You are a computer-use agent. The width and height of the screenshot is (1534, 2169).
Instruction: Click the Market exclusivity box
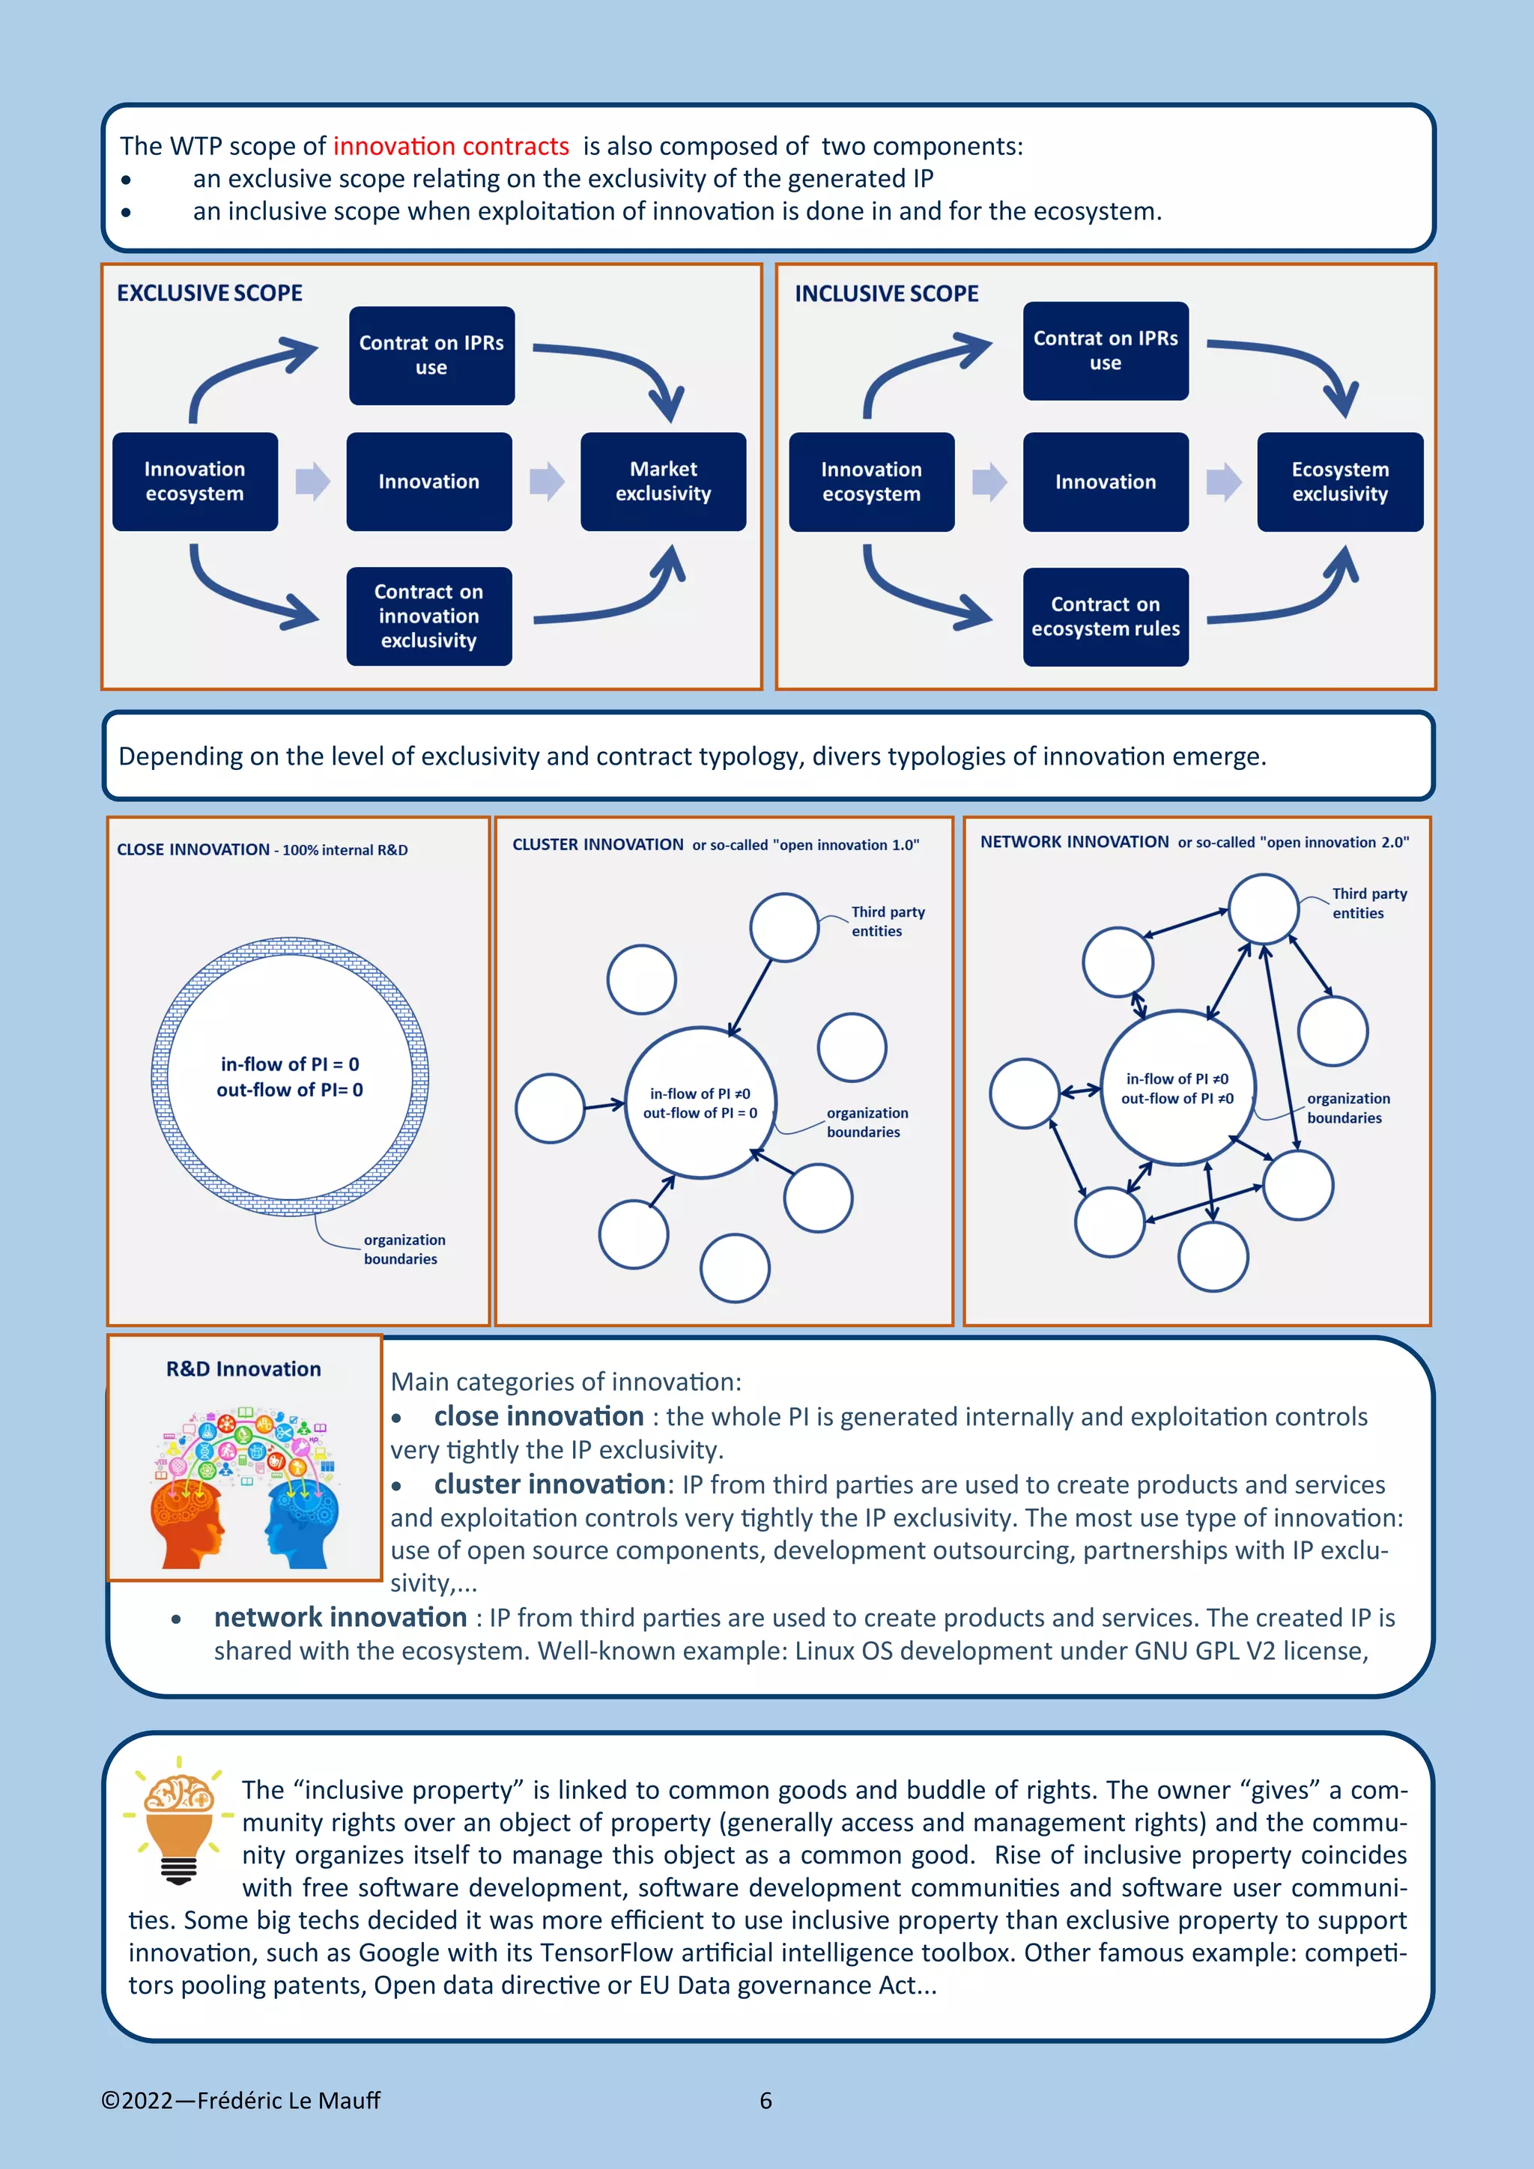[x=663, y=482]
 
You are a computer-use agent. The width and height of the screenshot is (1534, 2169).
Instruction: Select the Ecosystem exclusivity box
[x=1339, y=482]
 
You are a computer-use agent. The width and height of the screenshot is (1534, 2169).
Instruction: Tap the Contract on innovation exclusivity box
[x=429, y=616]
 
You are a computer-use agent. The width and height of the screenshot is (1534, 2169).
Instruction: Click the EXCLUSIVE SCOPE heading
[x=210, y=293]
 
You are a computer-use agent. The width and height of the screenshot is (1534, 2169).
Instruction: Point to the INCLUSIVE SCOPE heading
[x=886, y=294]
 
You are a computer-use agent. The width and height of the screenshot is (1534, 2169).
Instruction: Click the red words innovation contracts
[x=451, y=147]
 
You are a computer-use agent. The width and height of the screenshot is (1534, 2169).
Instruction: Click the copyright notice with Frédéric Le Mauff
[x=241, y=2100]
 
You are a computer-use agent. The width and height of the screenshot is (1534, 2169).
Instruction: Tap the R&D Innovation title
[x=243, y=1369]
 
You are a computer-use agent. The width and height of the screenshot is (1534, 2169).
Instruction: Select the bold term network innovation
[x=340, y=1617]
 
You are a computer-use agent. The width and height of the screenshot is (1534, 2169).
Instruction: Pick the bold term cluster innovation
[x=550, y=1484]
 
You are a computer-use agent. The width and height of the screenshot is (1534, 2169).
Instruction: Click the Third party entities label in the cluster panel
[x=887, y=921]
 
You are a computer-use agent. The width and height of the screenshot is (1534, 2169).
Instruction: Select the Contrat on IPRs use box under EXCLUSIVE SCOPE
[x=431, y=355]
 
